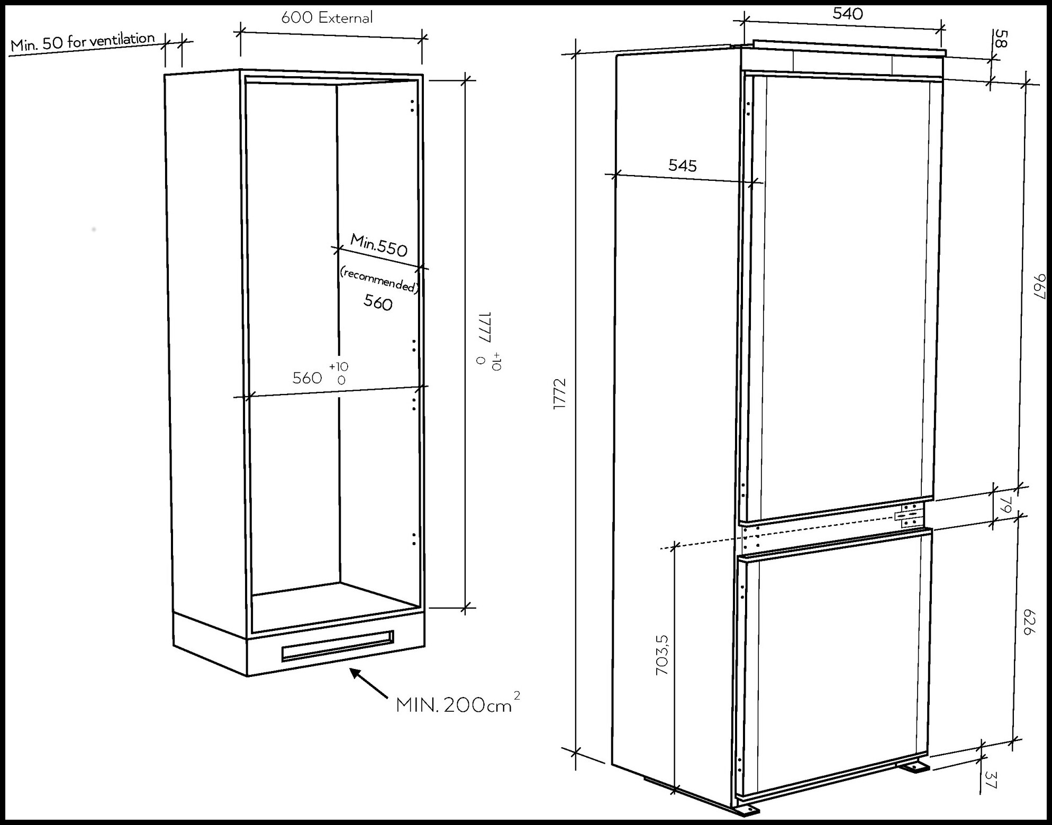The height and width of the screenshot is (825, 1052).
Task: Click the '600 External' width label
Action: pos(327,17)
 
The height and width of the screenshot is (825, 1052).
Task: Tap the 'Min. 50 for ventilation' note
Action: pos(83,42)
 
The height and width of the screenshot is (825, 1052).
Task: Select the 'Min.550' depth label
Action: pos(379,245)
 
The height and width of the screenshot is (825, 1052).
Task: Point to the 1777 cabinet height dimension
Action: pos(485,327)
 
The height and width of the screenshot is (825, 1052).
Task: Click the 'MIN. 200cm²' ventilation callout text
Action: pos(458,704)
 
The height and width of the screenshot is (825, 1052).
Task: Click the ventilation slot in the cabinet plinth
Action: pos(338,645)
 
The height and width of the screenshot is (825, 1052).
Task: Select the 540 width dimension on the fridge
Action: pos(847,13)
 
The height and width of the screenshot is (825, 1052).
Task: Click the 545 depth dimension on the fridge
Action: pos(682,166)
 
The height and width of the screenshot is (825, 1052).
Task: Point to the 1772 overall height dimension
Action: pos(560,393)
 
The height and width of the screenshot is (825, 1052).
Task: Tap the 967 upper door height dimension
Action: pos(1039,286)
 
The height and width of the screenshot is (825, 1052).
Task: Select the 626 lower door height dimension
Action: pos(1028,622)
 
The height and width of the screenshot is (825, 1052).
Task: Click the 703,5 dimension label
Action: pos(662,655)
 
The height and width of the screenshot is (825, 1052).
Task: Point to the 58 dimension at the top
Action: pos(1000,39)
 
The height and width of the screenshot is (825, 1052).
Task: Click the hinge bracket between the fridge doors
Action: pos(909,515)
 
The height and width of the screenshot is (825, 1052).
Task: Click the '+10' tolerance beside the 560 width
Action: pos(339,366)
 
